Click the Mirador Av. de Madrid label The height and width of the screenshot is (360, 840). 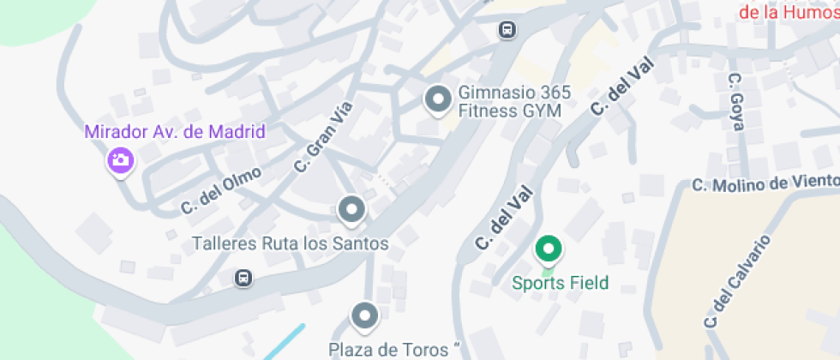coord(175,132)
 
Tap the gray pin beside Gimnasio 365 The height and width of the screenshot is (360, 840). coord(439,99)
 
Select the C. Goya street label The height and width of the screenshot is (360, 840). coord(735,101)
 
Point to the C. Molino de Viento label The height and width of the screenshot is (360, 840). coord(765,183)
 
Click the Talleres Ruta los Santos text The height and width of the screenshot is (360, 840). coord(291,243)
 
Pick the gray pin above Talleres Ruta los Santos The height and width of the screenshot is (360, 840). coord(351,208)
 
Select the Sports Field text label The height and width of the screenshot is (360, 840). coord(561,283)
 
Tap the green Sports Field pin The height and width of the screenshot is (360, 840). coord(549,249)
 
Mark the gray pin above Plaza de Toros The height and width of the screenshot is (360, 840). coord(365,315)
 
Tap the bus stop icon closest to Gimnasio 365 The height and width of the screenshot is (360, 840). coord(507,30)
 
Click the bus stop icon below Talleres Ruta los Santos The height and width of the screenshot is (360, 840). coord(244,278)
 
